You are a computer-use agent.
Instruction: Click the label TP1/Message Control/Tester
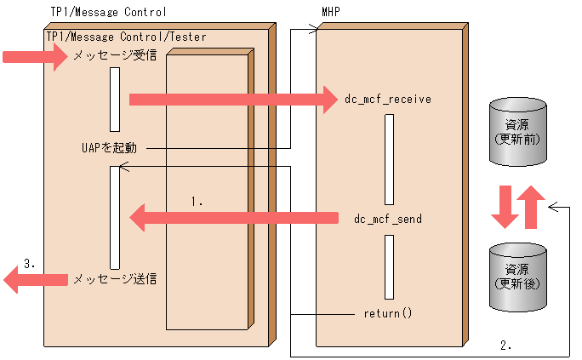click(127, 37)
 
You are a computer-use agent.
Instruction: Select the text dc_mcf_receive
click(387, 99)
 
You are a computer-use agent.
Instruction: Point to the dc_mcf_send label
click(387, 219)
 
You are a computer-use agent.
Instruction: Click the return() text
click(387, 312)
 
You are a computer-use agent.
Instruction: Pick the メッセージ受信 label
click(114, 57)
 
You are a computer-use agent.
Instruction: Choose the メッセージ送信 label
click(114, 278)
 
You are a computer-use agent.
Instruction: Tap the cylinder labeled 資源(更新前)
click(518, 132)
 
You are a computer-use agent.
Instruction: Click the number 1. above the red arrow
click(197, 202)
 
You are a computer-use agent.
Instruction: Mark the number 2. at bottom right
click(505, 346)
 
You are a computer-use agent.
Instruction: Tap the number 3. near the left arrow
click(29, 264)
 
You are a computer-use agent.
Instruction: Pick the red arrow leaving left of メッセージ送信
click(34, 279)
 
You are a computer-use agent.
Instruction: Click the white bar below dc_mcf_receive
click(388, 158)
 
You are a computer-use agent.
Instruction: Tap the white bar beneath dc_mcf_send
click(388, 266)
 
